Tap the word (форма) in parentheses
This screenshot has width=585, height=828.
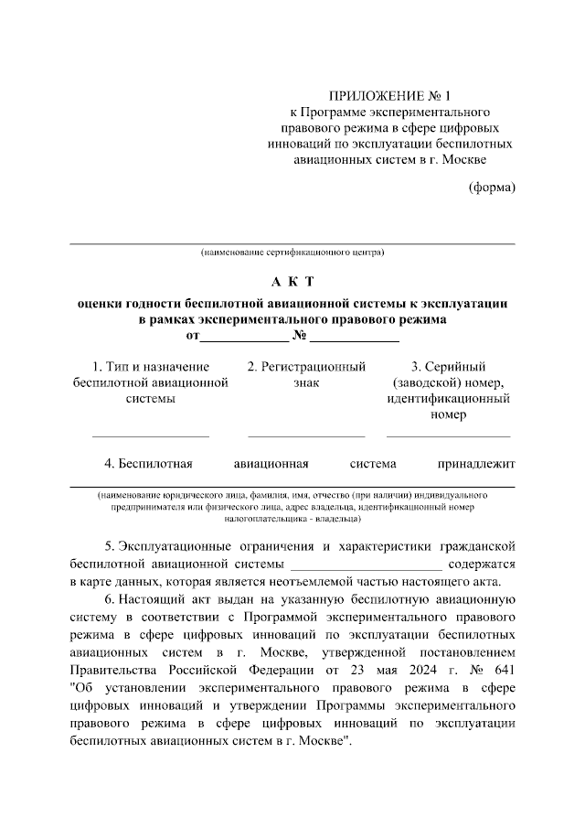pyautogui.click(x=492, y=188)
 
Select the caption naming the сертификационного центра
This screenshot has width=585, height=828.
pyautogui.click(x=292, y=251)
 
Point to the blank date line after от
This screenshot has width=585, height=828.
pyautogui.click(x=242, y=339)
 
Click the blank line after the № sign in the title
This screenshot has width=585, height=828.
pyautogui.click(x=356, y=339)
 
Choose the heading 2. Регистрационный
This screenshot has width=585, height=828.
pyautogui.click(x=306, y=367)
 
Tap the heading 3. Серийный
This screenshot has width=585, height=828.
pyautogui.click(x=448, y=367)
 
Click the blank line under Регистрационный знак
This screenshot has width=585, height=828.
pyautogui.click(x=306, y=436)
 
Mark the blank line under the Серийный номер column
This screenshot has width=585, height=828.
pyautogui.click(x=448, y=436)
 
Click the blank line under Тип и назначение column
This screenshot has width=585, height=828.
pyautogui.click(x=150, y=436)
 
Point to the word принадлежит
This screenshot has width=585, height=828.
pyautogui.click(x=477, y=463)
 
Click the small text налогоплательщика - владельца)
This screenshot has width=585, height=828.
pyautogui.click(x=292, y=519)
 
